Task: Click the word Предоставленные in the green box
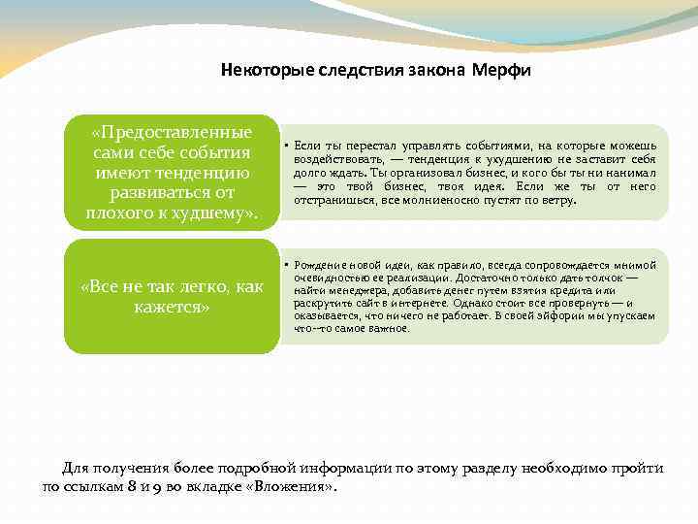pyautogui.click(x=172, y=132)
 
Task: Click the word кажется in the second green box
pyautogui.click(x=172, y=307)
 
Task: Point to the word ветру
pyautogui.click(x=558, y=200)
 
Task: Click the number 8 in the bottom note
pyautogui.click(x=124, y=486)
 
